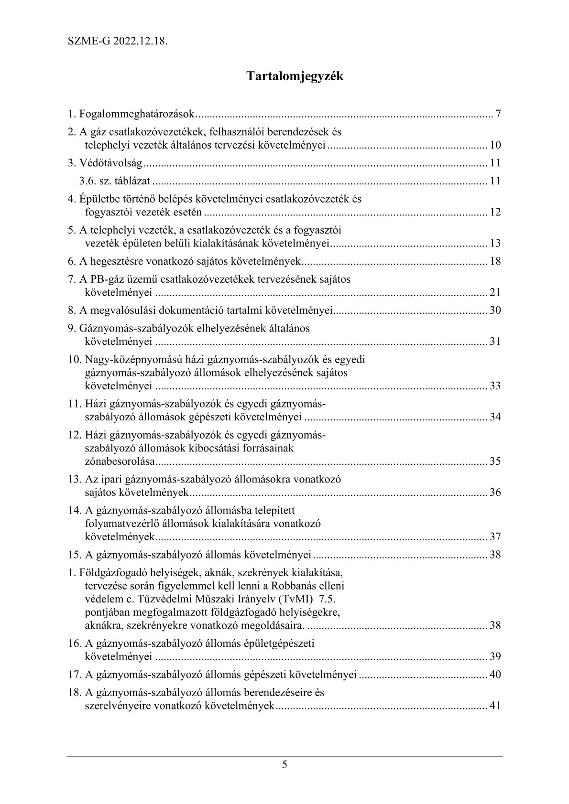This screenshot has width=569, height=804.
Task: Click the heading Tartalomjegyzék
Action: (x=295, y=76)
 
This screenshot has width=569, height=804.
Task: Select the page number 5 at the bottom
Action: (x=284, y=764)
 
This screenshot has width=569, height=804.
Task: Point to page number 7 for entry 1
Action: (x=498, y=114)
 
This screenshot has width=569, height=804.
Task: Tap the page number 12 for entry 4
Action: (x=495, y=212)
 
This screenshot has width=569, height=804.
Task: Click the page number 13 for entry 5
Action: (x=495, y=244)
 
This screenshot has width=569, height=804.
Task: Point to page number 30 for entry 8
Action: (x=495, y=311)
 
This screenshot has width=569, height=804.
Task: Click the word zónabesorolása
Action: (x=120, y=461)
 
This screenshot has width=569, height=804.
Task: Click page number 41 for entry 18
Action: (x=495, y=706)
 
